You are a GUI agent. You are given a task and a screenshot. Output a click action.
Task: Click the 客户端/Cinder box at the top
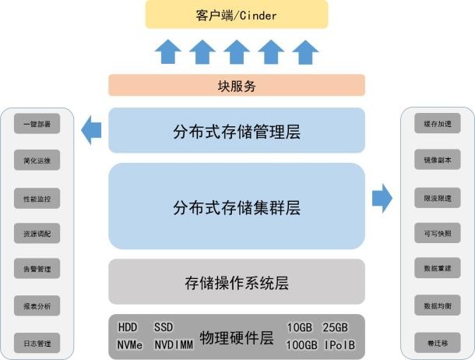[237, 15]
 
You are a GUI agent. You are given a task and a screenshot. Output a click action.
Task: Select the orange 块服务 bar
[237, 86]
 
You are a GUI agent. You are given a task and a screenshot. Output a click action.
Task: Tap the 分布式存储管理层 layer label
[237, 131]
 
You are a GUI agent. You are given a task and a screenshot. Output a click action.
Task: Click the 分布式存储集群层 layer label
[237, 207]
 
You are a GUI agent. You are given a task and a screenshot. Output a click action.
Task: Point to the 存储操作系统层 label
[237, 282]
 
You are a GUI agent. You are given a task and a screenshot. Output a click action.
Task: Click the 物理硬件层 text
[236, 337]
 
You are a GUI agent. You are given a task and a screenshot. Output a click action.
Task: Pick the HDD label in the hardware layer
[128, 327]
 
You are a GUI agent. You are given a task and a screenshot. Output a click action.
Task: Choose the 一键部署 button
[37, 125]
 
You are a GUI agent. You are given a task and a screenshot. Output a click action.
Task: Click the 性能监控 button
[37, 198]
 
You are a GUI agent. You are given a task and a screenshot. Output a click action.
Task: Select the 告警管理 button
[37, 270]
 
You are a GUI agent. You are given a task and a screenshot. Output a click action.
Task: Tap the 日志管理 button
[37, 342]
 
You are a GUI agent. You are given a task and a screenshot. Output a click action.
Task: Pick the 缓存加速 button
[438, 125]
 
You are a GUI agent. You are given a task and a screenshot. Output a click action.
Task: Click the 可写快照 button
[438, 234]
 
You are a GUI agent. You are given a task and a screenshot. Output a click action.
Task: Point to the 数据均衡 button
[438, 305]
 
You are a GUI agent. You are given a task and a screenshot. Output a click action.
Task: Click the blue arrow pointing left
[92, 129]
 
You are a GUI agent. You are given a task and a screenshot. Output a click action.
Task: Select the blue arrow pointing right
[382, 199]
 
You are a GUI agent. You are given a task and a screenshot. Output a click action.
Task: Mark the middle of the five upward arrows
[237, 52]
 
